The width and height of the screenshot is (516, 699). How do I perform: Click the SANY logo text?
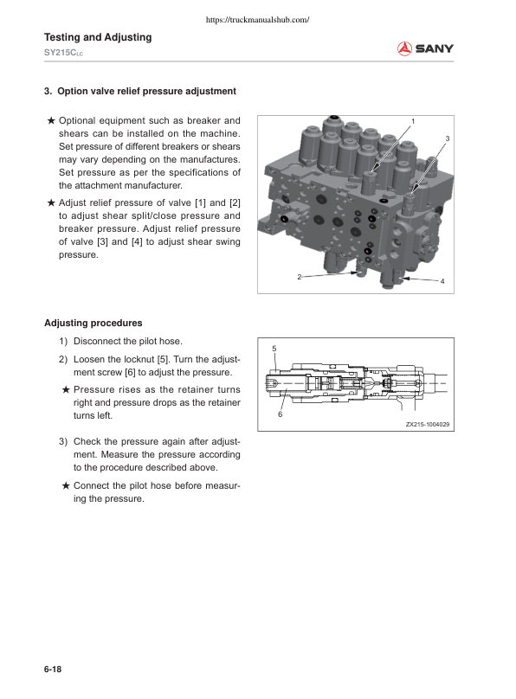click(x=434, y=48)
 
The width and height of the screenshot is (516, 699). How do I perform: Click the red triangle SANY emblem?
click(x=403, y=48)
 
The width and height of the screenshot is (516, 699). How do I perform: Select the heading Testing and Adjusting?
click(x=98, y=37)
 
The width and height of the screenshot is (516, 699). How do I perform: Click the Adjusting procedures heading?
click(x=94, y=324)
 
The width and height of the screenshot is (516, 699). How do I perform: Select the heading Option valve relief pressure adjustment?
click(x=140, y=91)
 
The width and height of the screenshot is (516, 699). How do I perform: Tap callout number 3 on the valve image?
click(x=447, y=138)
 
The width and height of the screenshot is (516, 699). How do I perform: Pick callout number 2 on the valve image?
click(x=299, y=277)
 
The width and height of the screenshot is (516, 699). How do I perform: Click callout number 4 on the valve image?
click(x=442, y=282)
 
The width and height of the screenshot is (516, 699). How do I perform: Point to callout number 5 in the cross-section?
click(x=274, y=348)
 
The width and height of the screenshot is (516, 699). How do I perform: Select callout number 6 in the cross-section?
click(x=280, y=415)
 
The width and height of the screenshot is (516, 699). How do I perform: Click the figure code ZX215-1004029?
click(x=428, y=424)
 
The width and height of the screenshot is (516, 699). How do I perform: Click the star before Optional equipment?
click(x=51, y=120)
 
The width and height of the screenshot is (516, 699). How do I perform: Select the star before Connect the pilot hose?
click(x=66, y=485)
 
